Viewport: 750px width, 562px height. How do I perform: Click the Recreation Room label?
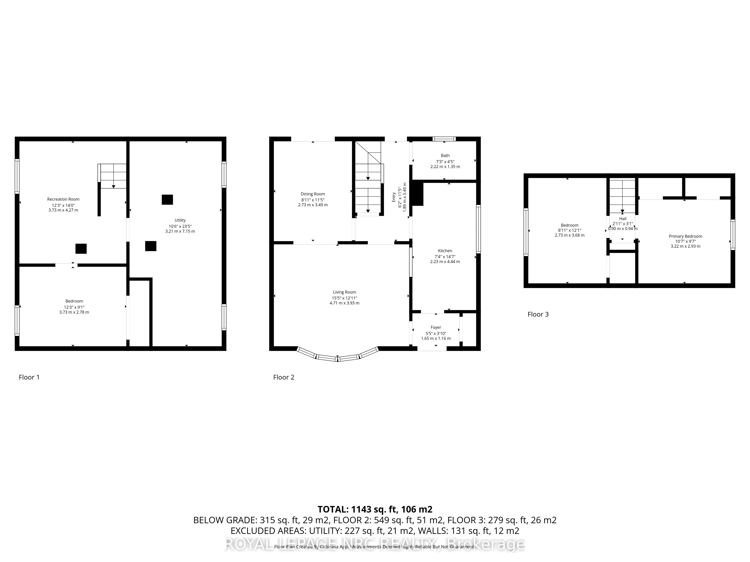(63, 199)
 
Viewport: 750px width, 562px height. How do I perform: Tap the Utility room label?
(180, 220)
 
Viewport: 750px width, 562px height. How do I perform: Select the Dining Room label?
(313, 194)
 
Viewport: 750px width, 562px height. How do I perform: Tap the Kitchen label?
(445, 251)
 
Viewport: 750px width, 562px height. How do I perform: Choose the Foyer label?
(436, 327)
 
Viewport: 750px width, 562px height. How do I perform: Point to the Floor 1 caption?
(29, 377)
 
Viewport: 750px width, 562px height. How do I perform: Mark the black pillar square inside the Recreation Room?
(81, 249)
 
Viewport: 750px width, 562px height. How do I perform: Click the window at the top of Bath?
(444, 139)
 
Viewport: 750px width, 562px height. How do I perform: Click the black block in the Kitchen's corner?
(418, 194)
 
